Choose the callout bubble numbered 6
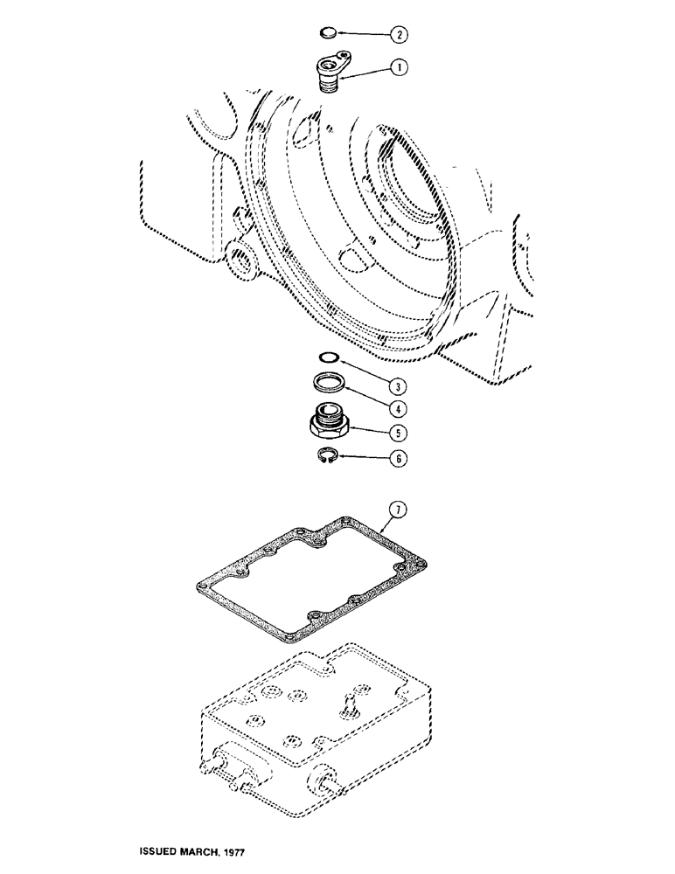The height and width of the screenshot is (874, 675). click(400, 457)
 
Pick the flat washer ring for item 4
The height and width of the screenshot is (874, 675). click(329, 382)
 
